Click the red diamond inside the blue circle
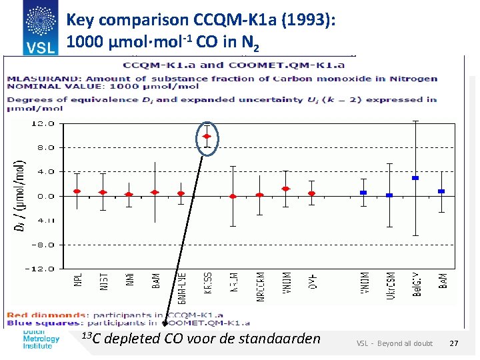click(x=207, y=137)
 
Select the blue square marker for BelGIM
click(x=415, y=178)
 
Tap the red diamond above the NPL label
click(x=77, y=191)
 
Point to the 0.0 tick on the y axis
click(x=45, y=196)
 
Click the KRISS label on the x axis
click(x=208, y=285)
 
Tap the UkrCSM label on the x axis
click(x=390, y=285)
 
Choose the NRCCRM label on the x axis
click(x=260, y=288)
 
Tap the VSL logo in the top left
click(x=39, y=27)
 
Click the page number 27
click(x=454, y=343)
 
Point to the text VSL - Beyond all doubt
click(x=394, y=343)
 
